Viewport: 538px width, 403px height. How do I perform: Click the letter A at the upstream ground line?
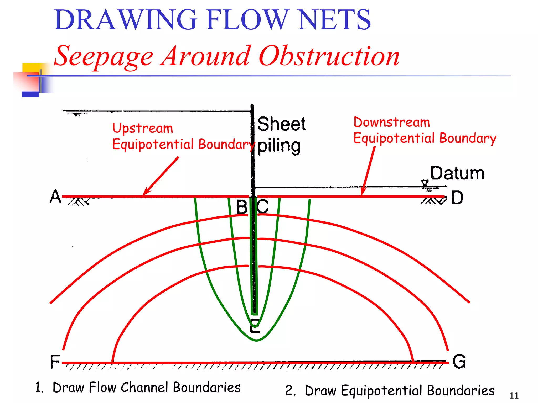click(55, 197)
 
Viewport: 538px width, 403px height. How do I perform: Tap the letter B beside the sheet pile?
click(242, 207)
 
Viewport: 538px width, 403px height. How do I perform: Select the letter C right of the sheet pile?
click(263, 206)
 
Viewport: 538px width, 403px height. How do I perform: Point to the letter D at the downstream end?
click(457, 198)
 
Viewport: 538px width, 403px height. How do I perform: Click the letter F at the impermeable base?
click(55, 362)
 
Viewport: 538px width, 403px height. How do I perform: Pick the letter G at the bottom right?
click(459, 362)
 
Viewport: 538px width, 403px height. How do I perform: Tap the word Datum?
click(457, 173)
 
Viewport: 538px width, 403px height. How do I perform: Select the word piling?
click(279, 146)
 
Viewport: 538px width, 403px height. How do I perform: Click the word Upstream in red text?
click(143, 128)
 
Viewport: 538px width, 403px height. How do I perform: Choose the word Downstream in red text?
click(391, 122)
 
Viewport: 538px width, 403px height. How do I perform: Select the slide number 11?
click(514, 395)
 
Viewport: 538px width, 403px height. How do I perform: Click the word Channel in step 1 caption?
click(144, 388)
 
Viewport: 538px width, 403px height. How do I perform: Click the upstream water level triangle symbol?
click(76, 114)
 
